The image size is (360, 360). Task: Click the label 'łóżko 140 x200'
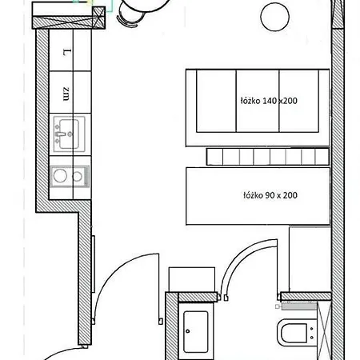[x=269, y=101]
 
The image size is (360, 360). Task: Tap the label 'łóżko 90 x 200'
[x=270, y=195]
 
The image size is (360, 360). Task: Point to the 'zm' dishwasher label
[x=66, y=94]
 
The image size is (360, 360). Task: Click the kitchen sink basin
[x=69, y=134]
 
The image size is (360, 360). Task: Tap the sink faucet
[x=62, y=134]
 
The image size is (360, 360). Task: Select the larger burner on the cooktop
[x=60, y=176]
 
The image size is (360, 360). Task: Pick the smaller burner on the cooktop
[x=77, y=176]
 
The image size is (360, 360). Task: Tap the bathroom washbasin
[x=196, y=331]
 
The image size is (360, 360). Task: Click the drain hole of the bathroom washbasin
[x=188, y=331]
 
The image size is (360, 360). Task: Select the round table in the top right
[x=274, y=17]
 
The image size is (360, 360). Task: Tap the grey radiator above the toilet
[x=299, y=306]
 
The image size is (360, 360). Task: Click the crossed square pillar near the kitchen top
[x=98, y=18]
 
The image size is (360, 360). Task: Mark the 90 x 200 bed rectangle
[x=258, y=196]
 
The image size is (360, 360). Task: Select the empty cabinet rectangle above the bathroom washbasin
[x=192, y=279]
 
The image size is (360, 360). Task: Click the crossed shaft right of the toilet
[x=324, y=330]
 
